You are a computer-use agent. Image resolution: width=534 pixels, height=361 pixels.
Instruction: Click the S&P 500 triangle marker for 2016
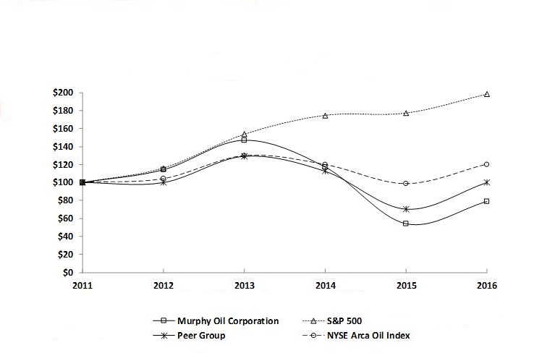click(x=487, y=94)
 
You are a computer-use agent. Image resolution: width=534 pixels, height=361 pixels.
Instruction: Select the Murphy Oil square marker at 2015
click(x=406, y=224)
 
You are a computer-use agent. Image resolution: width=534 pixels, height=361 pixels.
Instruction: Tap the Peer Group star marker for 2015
click(x=406, y=209)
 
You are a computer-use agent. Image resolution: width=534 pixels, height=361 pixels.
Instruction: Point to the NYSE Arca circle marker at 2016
click(x=487, y=164)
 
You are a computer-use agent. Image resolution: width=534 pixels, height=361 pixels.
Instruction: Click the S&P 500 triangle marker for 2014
click(x=325, y=116)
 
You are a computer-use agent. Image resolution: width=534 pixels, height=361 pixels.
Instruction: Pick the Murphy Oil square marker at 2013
click(x=244, y=140)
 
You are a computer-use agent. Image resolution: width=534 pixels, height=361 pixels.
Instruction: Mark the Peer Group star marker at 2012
click(x=163, y=182)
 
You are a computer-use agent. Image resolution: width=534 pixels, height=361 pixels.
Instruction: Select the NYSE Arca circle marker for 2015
click(x=406, y=184)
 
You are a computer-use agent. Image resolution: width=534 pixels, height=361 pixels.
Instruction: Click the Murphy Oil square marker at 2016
click(x=487, y=201)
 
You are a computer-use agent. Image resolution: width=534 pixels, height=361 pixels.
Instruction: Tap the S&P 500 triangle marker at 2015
click(x=406, y=114)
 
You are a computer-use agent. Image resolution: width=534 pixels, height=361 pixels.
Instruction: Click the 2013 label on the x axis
click(x=244, y=286)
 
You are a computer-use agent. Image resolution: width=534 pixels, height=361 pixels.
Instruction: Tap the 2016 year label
click(x=487, y=286)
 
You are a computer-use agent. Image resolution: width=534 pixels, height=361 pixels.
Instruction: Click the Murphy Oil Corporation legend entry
click(x=226, y=321)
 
